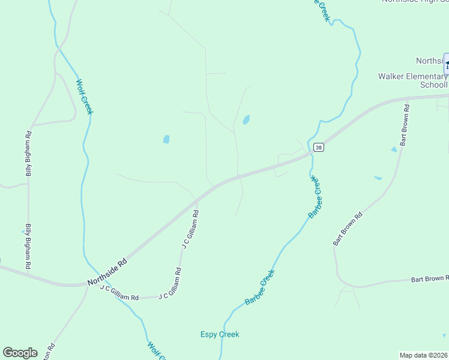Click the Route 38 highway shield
pyautogui.click(x=319, y=148)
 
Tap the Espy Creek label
pyautogui.click(x=220, y=334)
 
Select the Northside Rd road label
pyautogui.click(x=107, y=272)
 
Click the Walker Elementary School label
pyautogui.click(x=413, y=80)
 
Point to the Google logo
pyautogui.click(x=20, y=353)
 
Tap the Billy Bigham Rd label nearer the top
pyautogui.click(x=28, y=154)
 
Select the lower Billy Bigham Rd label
pyautogui.click(x=28, y=246)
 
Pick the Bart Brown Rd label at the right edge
pyautogui.click(x=429, y=279)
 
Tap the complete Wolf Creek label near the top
pyautogui.click(x=85, y=97)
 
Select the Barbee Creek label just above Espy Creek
pyautogui.click(x=260, y=287)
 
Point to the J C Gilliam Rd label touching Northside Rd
pyautogui.click(x=190, y=229)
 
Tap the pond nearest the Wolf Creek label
pyautogui.click(x=166, y=139)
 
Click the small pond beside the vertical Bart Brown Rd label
pyautogui.click(x=394, y=149)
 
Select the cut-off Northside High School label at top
pyautogui.click(x=415, y=2)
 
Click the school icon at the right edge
pyautogui.click(x=447, y=63)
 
